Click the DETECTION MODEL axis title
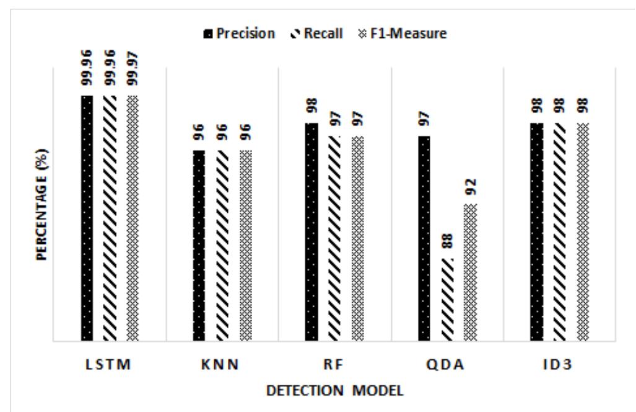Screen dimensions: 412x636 pyautogui.click(x=334, y=392)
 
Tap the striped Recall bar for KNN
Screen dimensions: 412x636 pyautogui.click(x=222, y=246)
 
